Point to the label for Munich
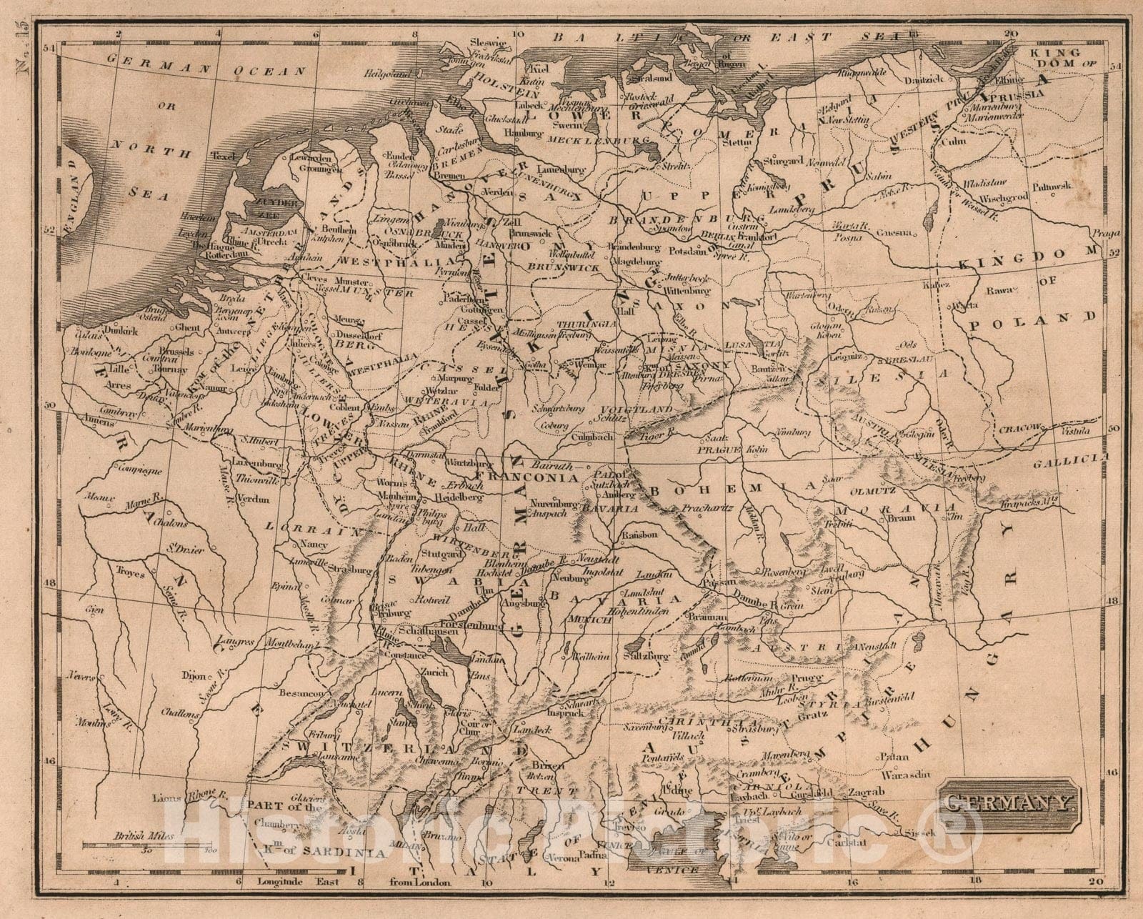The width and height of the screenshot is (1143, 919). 589,621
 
